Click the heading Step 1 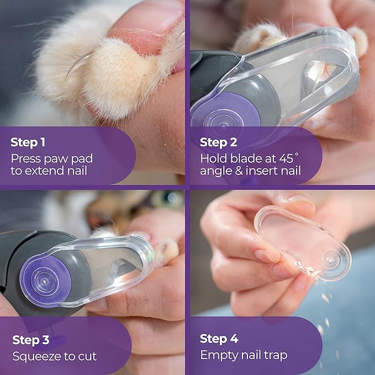coord(28,142)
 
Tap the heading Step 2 coord(218,142)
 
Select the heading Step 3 coord(30,340)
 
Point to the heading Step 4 coord(219,339)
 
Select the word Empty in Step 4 coord(218,355)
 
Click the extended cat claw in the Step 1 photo coord(77,66)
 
